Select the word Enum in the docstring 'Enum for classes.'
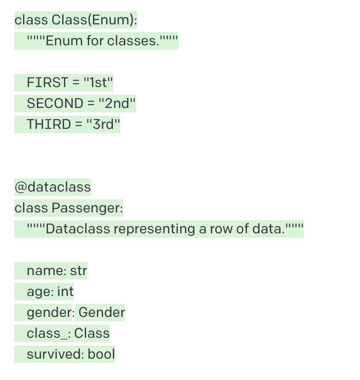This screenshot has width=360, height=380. pyautogui.click(x=60, y=41)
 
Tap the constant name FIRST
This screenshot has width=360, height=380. pyautogui.click(x=47, y=82)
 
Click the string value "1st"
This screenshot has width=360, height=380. pyautogui.click(x=99, y=82)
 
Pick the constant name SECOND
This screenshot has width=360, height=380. pyautogui.click(x=55, y=103)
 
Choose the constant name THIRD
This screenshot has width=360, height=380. pyautogui.click(x=48, y=124)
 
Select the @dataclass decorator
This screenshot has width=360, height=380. pyautogui.click(x=53, y=187)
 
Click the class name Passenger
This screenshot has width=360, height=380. pyautogui.click(x=87, y=208)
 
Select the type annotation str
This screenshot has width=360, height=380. pyautogui.click(x=79, y=271)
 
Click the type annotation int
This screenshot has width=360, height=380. pyautogui.click(x=66, y=291)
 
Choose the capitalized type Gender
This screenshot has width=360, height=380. pyautogui.click(x=102, y=312)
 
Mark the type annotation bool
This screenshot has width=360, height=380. pyautogui.click(x=101, y=354)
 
